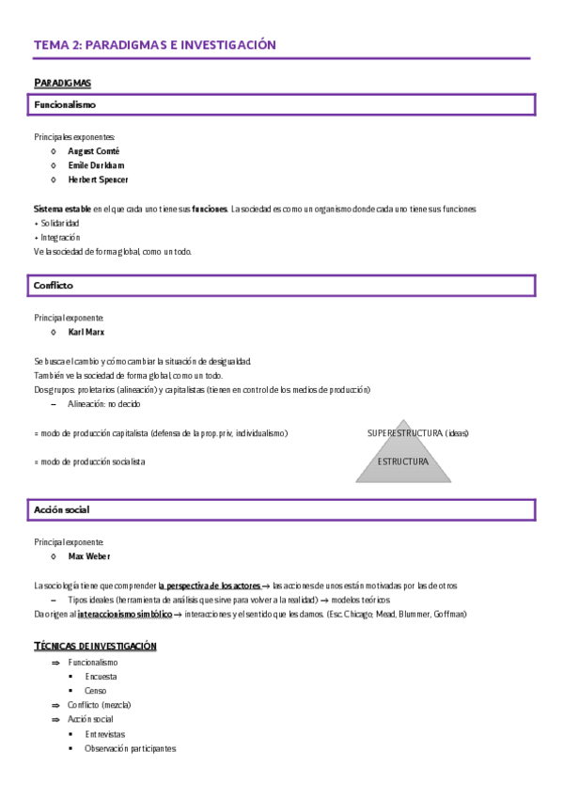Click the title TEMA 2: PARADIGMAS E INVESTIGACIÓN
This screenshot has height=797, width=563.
155,44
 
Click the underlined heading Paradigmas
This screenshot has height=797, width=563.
62,83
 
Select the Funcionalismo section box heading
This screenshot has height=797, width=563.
65,104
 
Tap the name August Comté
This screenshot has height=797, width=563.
94,150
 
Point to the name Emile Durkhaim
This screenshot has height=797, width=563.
97,164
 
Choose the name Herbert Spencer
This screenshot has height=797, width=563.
98,179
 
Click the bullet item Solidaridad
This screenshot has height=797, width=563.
60,223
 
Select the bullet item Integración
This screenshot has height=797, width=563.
59,237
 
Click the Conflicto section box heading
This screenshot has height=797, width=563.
54,285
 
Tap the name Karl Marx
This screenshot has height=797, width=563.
87,332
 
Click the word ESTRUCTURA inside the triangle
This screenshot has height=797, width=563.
402,461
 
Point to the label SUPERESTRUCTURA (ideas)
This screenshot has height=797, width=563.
417,432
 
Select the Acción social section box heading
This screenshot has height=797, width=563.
62,509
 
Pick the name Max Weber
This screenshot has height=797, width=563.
89,556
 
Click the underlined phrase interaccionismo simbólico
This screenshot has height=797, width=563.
124,614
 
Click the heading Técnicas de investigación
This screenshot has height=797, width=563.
95,646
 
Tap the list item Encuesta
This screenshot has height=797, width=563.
102,676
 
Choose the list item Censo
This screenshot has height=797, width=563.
96,690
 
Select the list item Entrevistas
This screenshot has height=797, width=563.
104,734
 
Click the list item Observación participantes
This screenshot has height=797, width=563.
130,748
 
